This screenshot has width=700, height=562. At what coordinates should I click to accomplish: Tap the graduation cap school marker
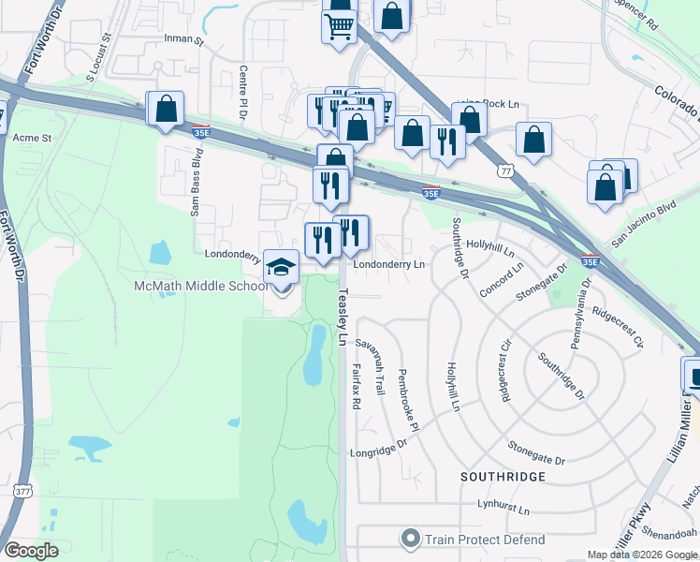pyautogui.click(x=281, y=267)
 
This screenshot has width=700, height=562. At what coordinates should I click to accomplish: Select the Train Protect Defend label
pyautogui.click(x=484, y=540)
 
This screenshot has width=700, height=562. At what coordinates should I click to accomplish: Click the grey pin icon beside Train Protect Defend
pyautogui.click(x=410, y=540)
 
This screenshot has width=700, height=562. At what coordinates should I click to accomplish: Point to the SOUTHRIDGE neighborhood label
pyautogui.click(x=503, y=477)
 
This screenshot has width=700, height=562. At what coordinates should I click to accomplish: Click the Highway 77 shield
pyautogui.click(x=505, y=172)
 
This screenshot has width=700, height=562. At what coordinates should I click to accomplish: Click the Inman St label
pyautogui.click(x=183, y=41)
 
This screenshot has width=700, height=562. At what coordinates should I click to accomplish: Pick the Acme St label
pyautogui.click(x=32, y=137)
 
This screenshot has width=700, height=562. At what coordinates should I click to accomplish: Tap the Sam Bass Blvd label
pyautogui.click(x=197, y=193)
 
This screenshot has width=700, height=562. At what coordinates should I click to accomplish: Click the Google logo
pyautogui.click(x=31, y=551)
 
